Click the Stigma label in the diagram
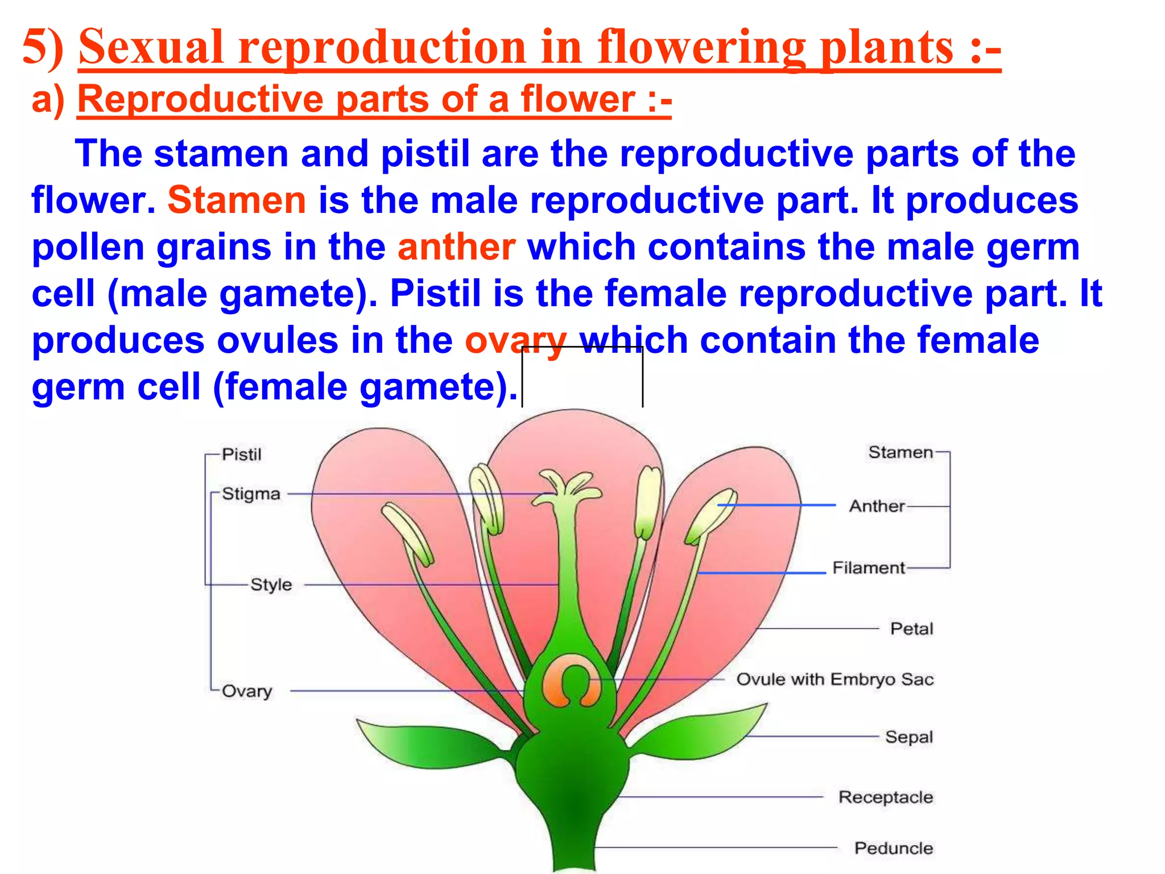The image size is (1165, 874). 251,494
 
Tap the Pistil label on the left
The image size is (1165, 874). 242,455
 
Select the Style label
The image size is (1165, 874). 271,585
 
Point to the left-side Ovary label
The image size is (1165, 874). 247,691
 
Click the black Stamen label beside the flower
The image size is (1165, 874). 900,452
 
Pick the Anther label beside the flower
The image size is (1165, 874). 877,506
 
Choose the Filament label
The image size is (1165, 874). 868,568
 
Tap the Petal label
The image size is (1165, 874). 911,629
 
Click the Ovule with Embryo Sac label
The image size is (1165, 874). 834,679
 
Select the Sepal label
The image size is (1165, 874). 908,737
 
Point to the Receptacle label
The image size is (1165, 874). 885,797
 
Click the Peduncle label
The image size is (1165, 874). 893,848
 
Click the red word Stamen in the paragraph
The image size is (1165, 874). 237,200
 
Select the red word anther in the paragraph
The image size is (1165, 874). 456,247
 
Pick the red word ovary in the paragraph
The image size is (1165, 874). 515,340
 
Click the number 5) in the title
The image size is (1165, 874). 43,48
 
